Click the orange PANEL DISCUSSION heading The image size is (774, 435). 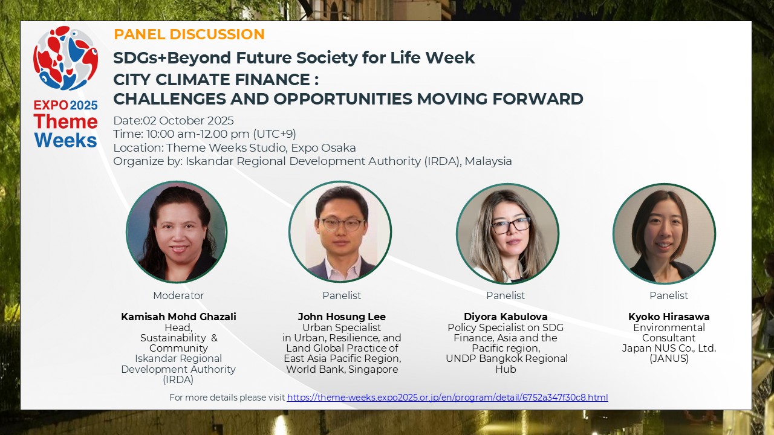coord(189,34)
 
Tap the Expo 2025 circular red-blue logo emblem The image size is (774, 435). coord(65,58)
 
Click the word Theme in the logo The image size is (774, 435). coord(66,121)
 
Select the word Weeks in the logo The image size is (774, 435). coord(66,141)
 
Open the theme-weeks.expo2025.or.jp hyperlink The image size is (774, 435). coord(447,398)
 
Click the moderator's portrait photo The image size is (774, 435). coord(177,231)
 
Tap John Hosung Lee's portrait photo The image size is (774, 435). coord(340,231)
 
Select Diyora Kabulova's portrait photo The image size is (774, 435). coord(507,234)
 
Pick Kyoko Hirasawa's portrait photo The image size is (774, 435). coord(664,234)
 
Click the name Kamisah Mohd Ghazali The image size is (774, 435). coord(178,317)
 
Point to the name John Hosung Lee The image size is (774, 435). coord(342,317)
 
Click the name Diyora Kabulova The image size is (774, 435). coord(506,317)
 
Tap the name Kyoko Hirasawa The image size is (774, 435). coord(669,317)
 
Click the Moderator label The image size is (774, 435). coord(178,295)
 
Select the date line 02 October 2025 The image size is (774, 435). coord(174,120)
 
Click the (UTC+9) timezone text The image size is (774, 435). coord(275,134)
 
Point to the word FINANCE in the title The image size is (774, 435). coord(272,79)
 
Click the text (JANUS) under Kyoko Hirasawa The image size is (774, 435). coord(669,359)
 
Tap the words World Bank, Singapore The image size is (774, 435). coord(342,369)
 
